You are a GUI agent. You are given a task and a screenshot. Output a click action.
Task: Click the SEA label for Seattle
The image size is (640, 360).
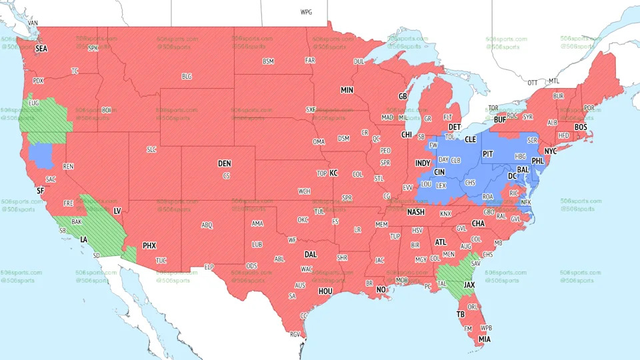(x=41, y=49)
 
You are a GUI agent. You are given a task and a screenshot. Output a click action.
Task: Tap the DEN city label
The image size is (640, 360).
(x=225, y=163)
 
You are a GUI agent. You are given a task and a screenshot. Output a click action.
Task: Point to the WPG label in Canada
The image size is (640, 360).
(x=306, y=12)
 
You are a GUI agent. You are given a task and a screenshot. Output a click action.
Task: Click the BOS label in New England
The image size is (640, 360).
(x=581, y=127)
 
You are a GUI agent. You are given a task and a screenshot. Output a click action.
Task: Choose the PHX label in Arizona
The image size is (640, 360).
(x=149, y=245)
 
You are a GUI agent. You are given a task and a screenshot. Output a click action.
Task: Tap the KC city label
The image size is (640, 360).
(x=333, y=173)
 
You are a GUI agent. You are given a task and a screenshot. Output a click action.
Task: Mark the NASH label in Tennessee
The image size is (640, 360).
(x=416, y=212)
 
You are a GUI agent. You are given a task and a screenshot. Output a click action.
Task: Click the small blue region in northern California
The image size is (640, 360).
(x=42, y=155)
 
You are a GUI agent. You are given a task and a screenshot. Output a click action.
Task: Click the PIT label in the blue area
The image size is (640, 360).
(x=487, y=153)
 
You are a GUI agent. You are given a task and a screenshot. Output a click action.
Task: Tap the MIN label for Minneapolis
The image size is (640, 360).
(x=347, y=90)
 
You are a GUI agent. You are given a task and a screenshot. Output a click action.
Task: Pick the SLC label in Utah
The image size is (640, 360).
(x=151, y=150)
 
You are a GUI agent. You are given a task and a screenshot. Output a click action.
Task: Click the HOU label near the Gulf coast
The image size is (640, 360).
(x=325, y=291)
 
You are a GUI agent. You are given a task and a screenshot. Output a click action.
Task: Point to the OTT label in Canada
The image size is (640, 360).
(x=532, y=83)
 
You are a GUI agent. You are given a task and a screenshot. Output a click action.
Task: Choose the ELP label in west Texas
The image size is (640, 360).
(x=208, y=267)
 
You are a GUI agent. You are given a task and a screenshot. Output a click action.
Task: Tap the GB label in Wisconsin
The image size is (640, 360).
(x=402, y=97)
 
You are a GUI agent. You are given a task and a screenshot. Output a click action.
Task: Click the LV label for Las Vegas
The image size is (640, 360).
(x=117, y=211)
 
